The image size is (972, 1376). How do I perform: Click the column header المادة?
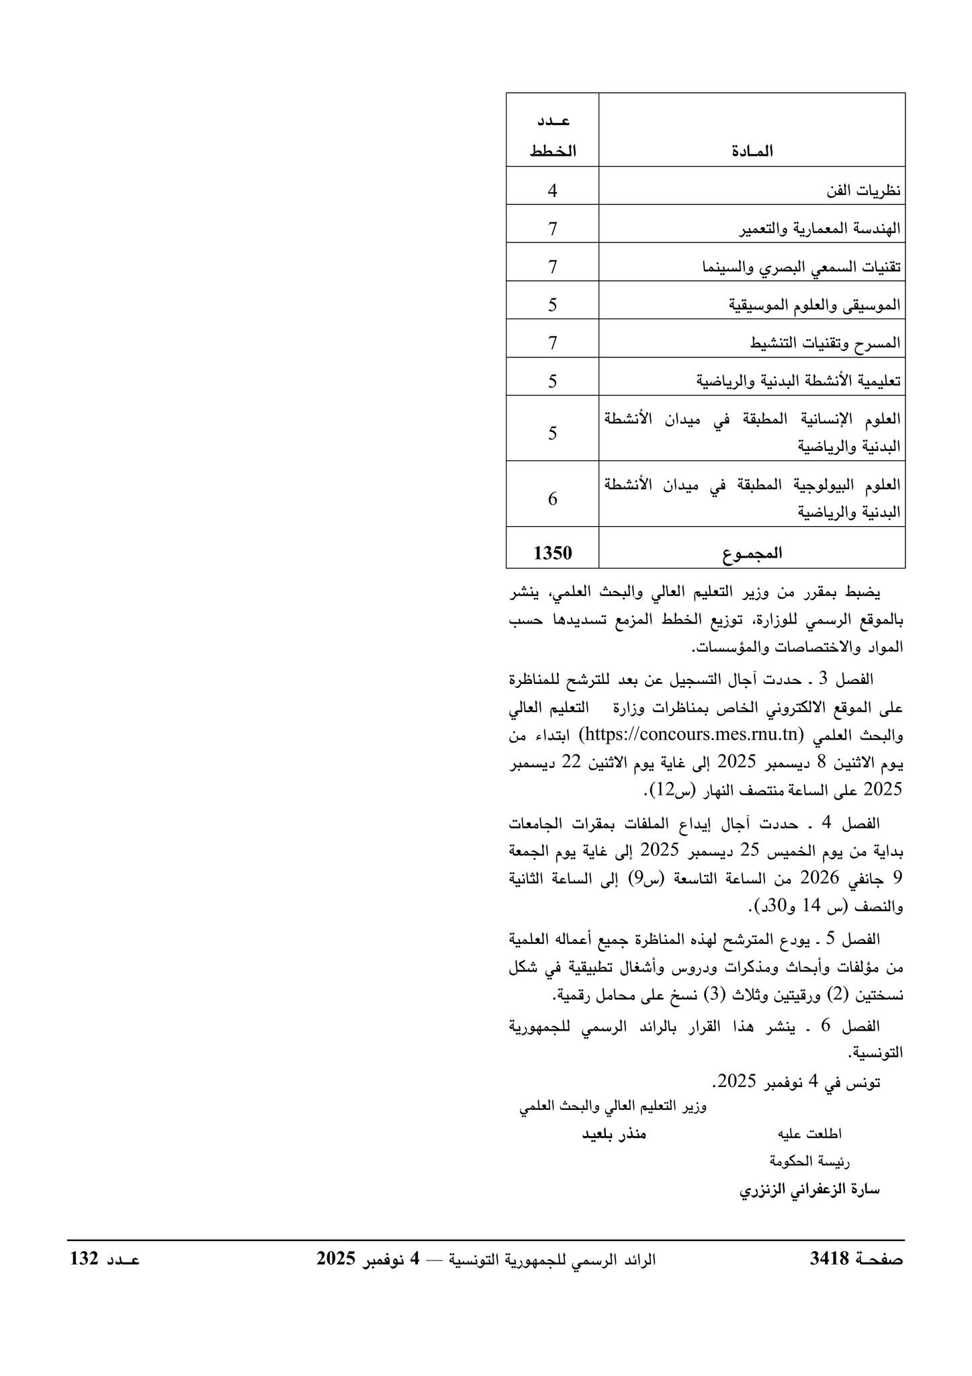(751, 151)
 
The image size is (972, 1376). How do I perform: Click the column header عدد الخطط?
(552, 137)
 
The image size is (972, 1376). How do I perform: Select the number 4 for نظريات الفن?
(552, 191)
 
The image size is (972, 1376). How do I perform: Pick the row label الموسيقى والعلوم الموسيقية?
(814, 306)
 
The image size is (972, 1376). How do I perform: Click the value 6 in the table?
(552, 499)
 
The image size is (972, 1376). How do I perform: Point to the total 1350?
(552, 553)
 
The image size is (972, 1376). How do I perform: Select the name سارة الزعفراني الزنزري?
(809, 1190)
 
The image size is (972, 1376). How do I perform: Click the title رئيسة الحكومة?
(809, 1161)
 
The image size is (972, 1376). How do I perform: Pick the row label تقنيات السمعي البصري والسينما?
(801, 267)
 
